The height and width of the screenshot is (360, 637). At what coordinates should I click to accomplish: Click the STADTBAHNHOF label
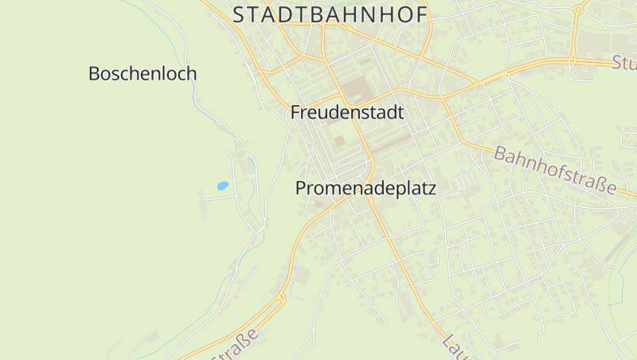(330, 14)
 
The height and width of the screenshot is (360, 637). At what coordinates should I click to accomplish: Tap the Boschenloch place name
(143, 74)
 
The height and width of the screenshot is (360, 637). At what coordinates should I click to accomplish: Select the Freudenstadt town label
(347, 112)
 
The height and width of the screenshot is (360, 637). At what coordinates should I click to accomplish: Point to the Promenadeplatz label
(365, 189)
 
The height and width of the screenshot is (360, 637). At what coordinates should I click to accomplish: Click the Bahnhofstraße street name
(556, 170)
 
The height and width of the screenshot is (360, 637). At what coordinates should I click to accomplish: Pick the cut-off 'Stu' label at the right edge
(624, 63)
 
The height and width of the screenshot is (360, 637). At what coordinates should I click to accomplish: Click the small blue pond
(222, 186)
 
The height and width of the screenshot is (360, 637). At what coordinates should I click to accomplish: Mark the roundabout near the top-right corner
(578, 10)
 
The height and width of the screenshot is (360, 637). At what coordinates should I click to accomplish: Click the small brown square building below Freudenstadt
(339, 141)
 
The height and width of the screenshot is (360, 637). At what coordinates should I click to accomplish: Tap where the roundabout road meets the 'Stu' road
(572, 60)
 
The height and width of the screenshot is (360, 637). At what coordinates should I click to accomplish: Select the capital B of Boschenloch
(95, 74)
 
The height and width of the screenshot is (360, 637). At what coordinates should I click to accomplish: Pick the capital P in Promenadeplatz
(301, 189)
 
